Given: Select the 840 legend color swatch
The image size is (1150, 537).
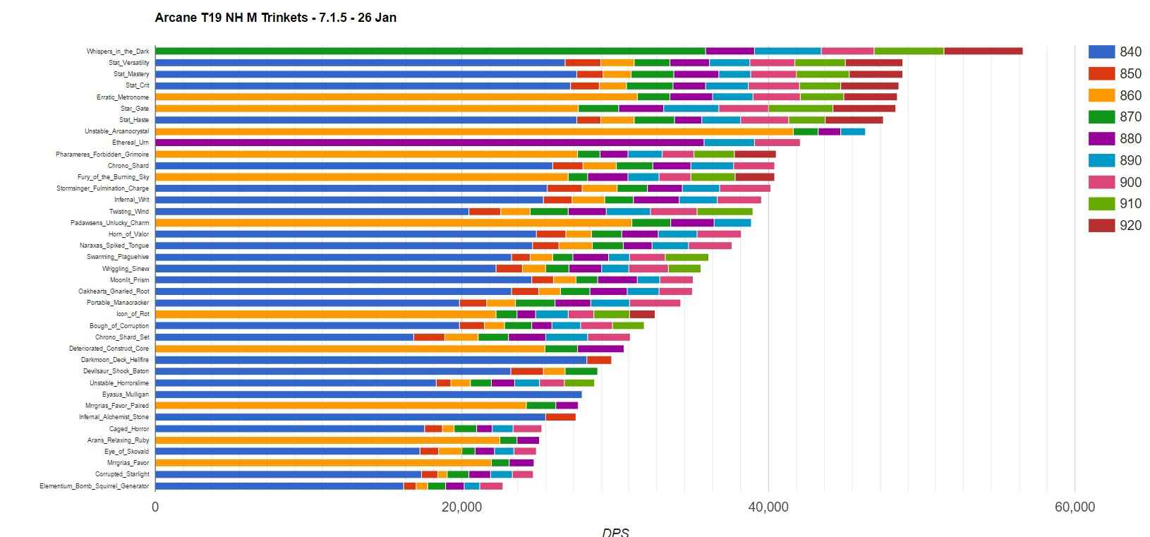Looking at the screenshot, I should (x=1101, y=52).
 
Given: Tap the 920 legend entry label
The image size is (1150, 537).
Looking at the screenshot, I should (x=1130, y=226).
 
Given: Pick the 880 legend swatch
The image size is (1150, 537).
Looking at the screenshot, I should (x=1101, y=138).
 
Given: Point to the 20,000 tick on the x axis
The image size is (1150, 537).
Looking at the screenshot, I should (x=461, y=507).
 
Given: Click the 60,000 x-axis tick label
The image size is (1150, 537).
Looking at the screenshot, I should (x=1074, y=507).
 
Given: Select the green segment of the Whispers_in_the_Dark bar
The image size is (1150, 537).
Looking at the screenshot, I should (x=430, y=51).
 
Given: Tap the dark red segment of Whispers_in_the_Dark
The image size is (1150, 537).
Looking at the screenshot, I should (x=983, y=51).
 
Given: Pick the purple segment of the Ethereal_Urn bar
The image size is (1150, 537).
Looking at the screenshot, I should (x=430, y=143).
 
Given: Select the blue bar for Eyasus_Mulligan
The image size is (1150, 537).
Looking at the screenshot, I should (x=368, y=394).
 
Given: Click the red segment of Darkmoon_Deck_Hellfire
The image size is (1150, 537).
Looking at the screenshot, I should (x=599, y=360).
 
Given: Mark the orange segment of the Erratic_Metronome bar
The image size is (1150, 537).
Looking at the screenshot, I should (x=396, y=97).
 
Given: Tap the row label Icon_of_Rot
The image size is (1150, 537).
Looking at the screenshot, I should (x=133, y=314).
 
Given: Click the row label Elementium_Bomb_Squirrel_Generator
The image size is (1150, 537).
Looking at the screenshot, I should (x=95, y=486).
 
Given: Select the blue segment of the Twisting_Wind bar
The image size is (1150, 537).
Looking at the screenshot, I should (x=312, y=211).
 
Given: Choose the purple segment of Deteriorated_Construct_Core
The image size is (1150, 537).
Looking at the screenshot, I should (x=600, y=349).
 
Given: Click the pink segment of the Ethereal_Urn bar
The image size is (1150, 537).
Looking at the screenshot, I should (x=777, y=143).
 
